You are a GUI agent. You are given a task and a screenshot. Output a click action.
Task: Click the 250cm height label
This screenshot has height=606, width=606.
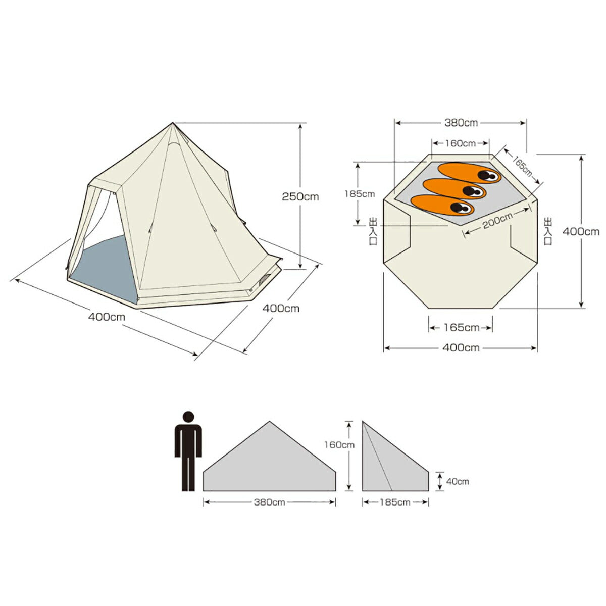[x=300, y=197]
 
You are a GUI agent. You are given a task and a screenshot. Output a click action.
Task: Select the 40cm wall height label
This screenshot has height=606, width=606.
[x=457, y=481]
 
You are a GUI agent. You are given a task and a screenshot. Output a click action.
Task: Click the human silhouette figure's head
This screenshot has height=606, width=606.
[x=188, y=417]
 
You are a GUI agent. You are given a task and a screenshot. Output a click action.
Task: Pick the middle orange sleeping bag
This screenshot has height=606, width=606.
[x=454, y=188]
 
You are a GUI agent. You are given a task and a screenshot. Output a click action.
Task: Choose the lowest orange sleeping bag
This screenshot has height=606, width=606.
[x=442, y=205]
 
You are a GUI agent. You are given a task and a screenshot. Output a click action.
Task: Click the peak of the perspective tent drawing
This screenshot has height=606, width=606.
[x=173, y=122]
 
